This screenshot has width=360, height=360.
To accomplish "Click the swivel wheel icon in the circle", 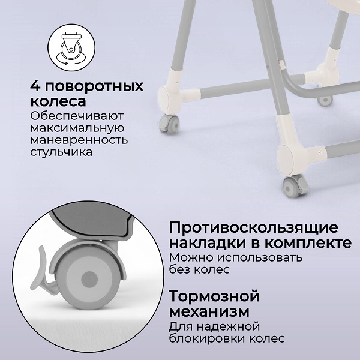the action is click(71, 48).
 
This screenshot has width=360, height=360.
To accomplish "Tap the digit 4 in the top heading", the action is click(35, 86).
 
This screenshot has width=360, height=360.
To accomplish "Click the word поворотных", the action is click(94, 87).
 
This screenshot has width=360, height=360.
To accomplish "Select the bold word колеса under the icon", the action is click(58, 101).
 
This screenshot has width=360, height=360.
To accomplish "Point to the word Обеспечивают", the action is click(77, 116).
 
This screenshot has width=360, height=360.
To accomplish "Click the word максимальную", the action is click(77, 128).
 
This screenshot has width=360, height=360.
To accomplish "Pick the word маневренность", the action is click(79, 140).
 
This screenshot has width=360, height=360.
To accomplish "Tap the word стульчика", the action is click(61, 152).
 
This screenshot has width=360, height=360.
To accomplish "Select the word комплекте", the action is click(308, 243).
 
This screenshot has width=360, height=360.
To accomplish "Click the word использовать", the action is click(260, 257).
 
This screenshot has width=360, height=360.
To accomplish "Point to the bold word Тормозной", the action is click(214, 296).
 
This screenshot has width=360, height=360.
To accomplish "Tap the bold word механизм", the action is click(209, 312).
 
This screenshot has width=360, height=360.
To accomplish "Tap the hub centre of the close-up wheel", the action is click(89, 280).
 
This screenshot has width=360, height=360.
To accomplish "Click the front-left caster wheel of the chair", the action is click(169, 124).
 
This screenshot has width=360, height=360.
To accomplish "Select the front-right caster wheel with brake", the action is click(295, 186).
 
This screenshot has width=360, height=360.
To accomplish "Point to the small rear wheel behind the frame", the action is click(325, 101).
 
